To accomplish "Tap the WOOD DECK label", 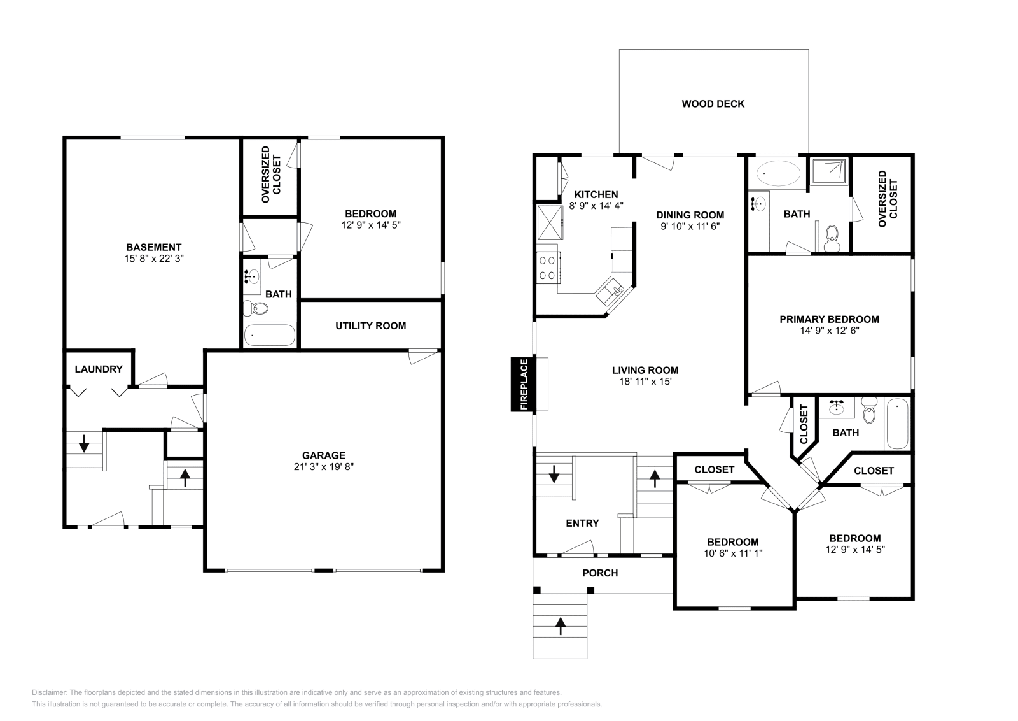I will tap(713, 104).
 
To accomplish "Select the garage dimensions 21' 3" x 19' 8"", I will tap(323, 466).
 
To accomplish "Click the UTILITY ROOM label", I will tap(370, 326).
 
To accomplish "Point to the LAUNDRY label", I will tap(98, 369).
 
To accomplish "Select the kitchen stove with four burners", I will tap(548, 267).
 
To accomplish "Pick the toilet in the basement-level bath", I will tap(256, 309).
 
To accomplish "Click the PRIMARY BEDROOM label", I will tap(829, 319).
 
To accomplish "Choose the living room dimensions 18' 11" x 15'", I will tap(645, 382).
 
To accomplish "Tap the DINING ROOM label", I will tap(690, 215).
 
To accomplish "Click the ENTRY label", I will tap(582, 523).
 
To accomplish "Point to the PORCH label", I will tap(600, 573).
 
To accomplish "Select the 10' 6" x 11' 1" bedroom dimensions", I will tap(733, 553).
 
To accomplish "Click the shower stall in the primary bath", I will tap(829, 171).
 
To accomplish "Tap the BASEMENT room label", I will tap(153, 247).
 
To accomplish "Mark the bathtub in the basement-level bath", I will tap(270, 335).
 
